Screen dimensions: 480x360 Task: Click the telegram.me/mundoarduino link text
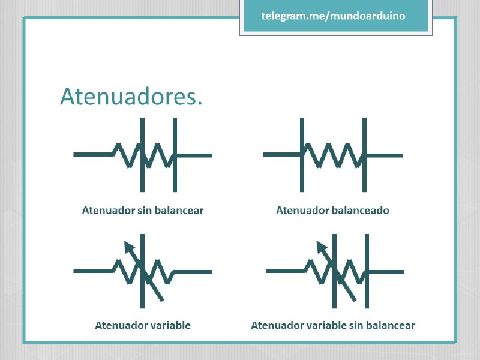point(333,16)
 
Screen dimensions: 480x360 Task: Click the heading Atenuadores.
point(131,97)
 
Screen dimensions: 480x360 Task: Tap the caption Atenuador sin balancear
point(143,211)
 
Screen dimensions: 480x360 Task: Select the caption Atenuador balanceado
point(332,211)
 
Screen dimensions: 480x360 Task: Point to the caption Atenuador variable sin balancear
point(333,325)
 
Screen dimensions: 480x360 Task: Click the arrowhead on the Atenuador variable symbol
point(129,246)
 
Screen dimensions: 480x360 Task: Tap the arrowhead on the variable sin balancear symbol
point(321,247)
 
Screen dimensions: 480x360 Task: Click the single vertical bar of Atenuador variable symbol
point(142,271)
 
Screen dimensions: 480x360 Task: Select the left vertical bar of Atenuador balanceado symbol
point(302,155)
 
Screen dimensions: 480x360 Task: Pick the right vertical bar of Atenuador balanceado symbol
point(364,155)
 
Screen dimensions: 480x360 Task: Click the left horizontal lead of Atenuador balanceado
point(281,155)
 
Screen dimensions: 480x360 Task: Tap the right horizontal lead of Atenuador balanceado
point(385,155)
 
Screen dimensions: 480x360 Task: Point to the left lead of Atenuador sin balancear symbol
point(94,155)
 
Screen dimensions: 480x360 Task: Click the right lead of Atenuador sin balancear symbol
point(194,155)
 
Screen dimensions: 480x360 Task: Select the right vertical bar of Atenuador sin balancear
point(175,155)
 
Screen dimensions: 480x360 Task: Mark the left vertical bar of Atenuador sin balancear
point(142,155)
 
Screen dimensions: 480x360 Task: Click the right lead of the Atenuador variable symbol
point(193,272)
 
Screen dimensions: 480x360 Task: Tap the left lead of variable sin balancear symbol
point(286,271)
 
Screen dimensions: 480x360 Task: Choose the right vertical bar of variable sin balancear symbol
point(367,271)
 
